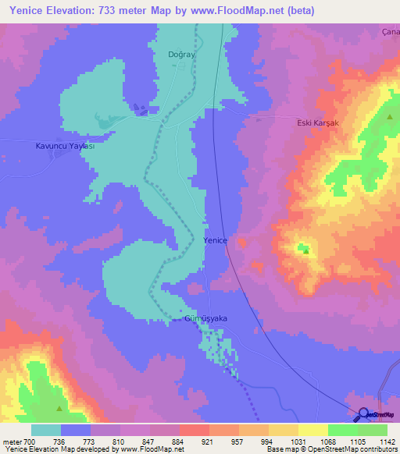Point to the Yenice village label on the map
[216, 241]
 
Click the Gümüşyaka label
[205, 318]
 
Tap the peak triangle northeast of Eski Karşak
[390, 116]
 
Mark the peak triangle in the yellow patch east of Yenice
[305, 250]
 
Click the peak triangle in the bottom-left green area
[59, 408]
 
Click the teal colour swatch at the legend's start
[45, 430]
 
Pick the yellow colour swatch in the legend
[312, 430]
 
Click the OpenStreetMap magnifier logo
[362, 415]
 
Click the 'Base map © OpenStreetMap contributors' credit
[332, 449]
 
